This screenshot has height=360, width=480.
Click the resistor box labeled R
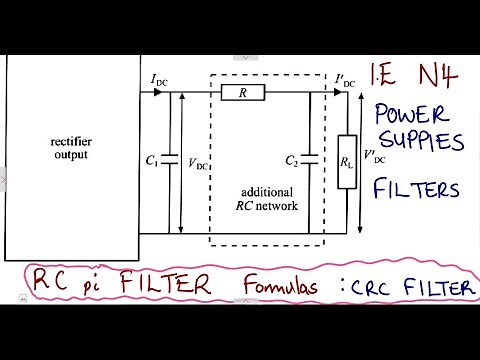click(x=245, y=93)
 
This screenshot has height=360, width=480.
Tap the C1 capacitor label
click(x=153, y=160)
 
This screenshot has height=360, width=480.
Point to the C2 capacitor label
click(x=292, y=160)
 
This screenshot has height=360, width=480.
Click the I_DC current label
click(x=159, y=79)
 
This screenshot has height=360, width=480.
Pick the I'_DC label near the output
click(x=344, y=79)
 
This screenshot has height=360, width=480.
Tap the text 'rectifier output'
click(x=72, y=147)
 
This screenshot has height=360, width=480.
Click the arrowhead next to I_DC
click(x=157, y=93)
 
